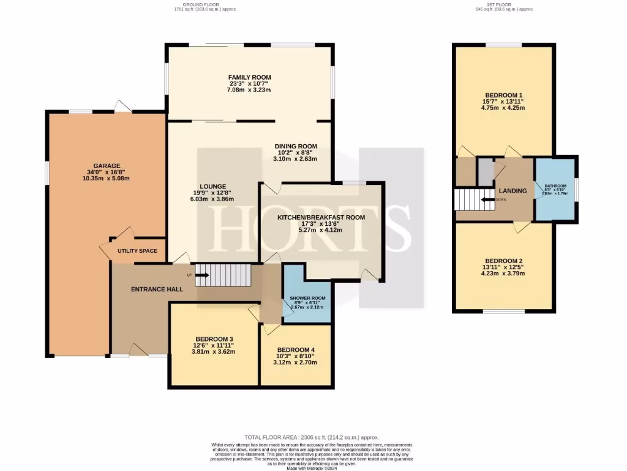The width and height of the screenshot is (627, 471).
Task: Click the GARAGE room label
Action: tap(107, 166)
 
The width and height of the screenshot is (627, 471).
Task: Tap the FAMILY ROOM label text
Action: tap(249, 78)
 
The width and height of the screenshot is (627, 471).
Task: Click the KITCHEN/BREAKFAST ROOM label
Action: tap(321, 217)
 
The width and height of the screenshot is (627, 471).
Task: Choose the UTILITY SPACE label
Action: tap(137, 251)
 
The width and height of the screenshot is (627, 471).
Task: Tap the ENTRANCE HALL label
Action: tap(157, 288)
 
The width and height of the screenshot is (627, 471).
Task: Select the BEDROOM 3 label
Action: tap(214, 339)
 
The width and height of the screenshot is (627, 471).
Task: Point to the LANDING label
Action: tap(512, 191)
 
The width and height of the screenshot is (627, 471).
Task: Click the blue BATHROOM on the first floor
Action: tap(555, 189)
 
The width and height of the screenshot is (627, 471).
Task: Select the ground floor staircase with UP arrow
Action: tap(227, 275)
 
